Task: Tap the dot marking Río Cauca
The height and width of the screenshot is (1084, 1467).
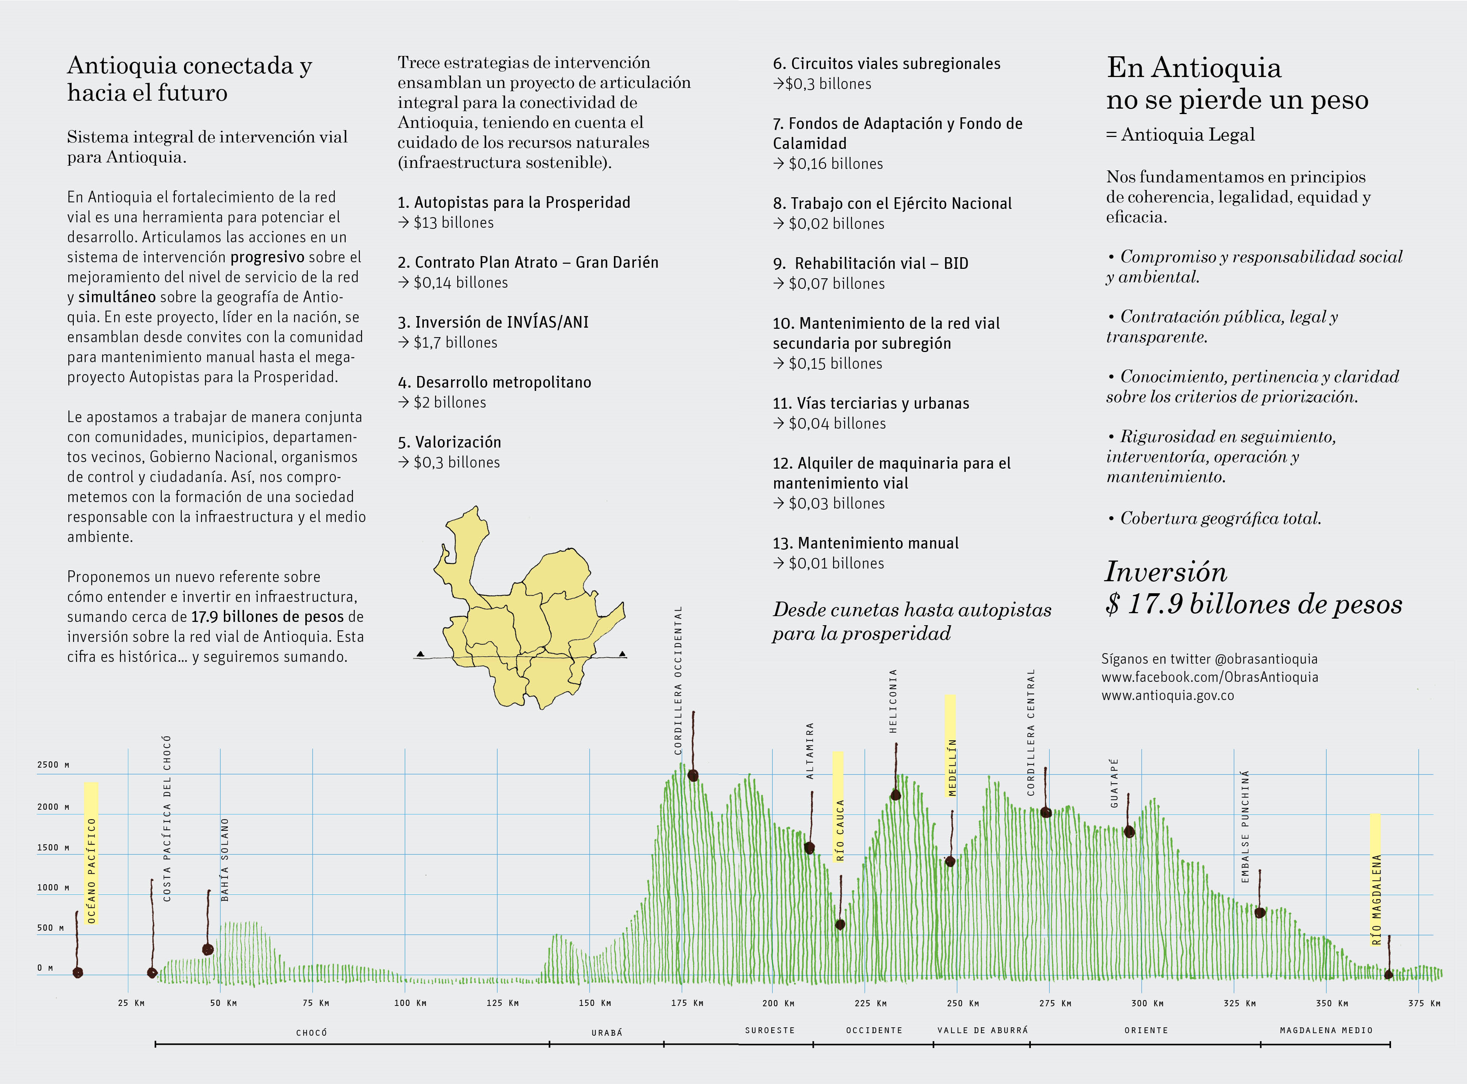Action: [840, 925]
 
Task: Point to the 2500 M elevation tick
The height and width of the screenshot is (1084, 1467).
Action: [53, 764]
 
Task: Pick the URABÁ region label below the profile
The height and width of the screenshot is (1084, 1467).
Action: [607, 1032]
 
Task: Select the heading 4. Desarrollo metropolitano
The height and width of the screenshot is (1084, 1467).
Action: [494, 382]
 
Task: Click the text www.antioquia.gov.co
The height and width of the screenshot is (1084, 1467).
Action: [1168, 696]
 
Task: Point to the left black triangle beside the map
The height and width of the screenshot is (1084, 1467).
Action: [420, 654]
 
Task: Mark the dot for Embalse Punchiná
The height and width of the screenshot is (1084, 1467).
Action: [1259, 912]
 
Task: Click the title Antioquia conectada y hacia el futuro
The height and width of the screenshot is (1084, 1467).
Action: [190, 79]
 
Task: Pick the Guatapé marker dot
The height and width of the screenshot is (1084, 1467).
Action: [1129, 832]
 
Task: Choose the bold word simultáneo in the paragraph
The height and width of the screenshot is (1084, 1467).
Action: [117, 296]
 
